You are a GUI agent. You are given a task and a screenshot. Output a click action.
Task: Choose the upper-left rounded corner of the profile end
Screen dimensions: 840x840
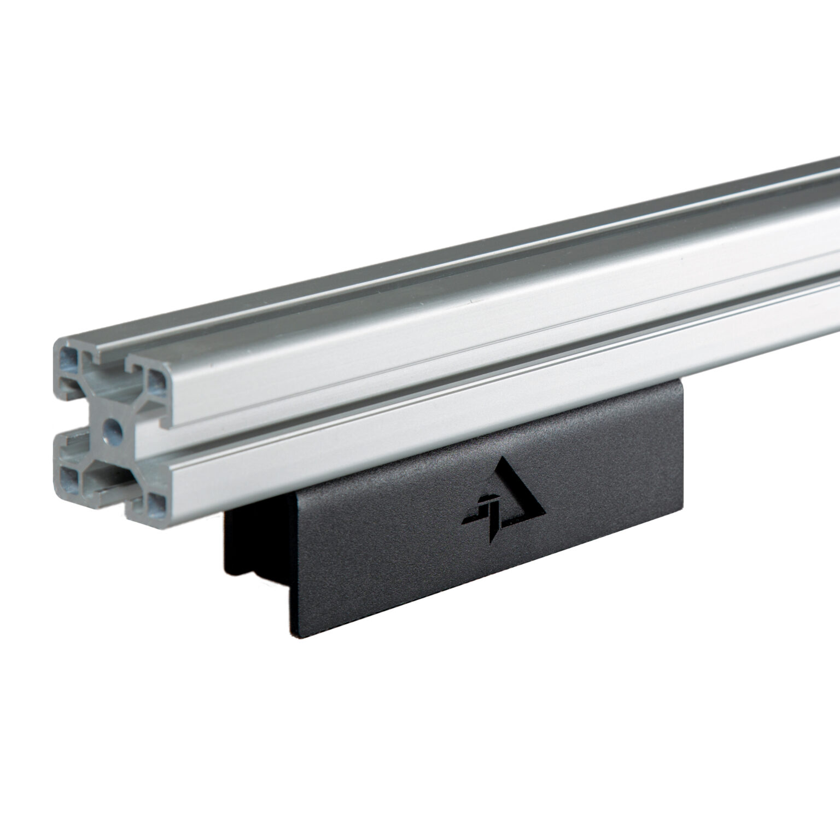click(x=57, y=345)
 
